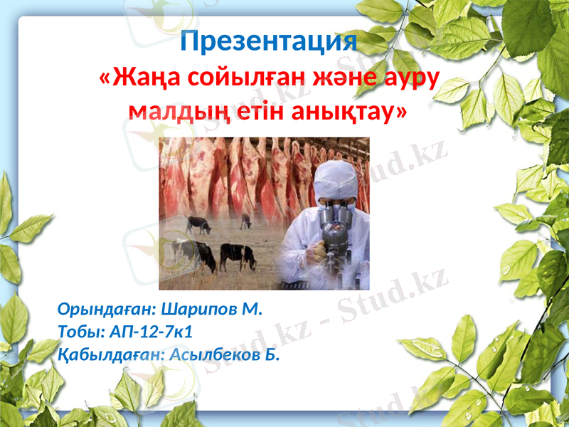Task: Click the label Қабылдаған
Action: [x=107, y=354]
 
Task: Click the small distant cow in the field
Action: [x=245, y=221]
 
